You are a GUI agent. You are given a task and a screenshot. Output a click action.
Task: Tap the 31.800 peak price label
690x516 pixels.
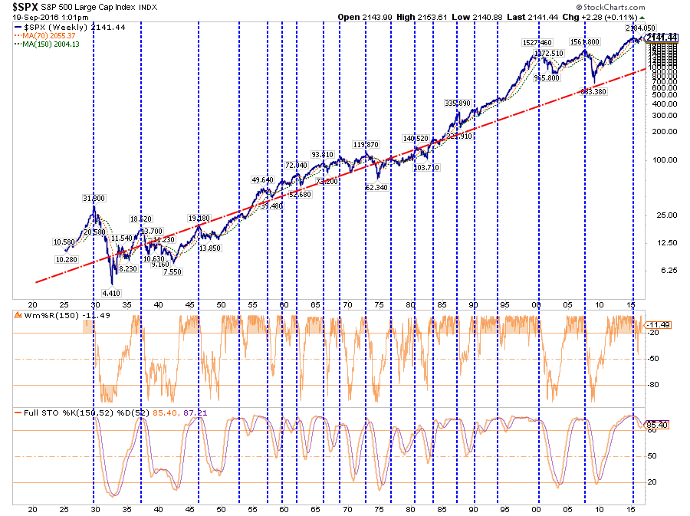pos(94,199)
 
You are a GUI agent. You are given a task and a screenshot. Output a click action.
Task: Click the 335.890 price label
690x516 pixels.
pos(457,103)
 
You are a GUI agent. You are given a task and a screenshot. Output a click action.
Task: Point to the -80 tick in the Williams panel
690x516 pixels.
pos(654,385)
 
